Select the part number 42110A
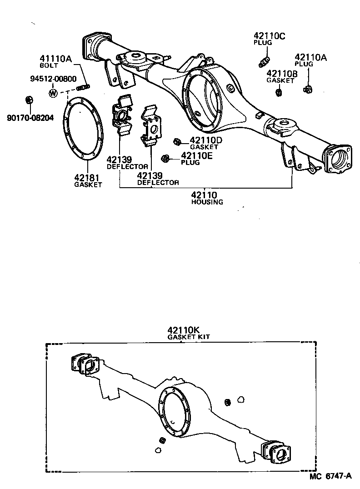tap(311, 58)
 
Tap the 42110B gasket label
tap(282, 73)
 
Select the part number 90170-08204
tap(30, 118)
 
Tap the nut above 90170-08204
tap(28, 100)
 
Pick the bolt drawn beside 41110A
tap(83, 86)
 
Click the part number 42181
tap(88, 178)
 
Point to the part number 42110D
tap(205, 140)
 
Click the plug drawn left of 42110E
tap(166, 158)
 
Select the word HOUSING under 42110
tap(207, 202)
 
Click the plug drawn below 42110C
tap(265, 61)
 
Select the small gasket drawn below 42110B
tap(278, 93)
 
